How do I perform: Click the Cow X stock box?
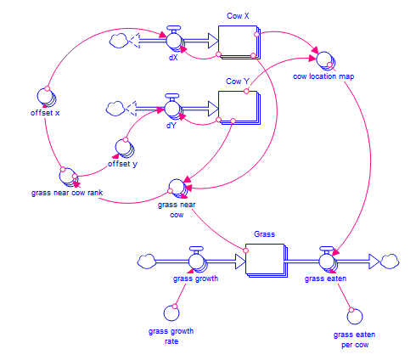coord(239,42)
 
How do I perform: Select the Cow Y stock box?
coord(239,108)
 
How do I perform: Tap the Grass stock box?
coord(266,261)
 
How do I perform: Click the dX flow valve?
coord(174,39)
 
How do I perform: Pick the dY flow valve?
coord(173,107)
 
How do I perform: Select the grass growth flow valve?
coord(197,260)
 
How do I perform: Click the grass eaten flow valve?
coord(328,261)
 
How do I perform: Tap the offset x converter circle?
coord(47,97)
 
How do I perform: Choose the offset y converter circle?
coord(125,148)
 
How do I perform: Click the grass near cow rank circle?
coord(69,177)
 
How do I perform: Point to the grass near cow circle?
coord(177,188)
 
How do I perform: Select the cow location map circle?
coord(325,61)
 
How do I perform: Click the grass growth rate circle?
coord(171,313)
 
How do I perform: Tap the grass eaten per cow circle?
coord(355,317)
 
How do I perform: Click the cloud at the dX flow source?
coord(119,41)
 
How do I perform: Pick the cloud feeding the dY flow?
coord(115,109)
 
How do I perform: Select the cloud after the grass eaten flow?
coord(390,262)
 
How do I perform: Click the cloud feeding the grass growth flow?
coord(147,262)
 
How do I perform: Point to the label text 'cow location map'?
coord(323,76)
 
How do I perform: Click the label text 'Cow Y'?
coord(238,82)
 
